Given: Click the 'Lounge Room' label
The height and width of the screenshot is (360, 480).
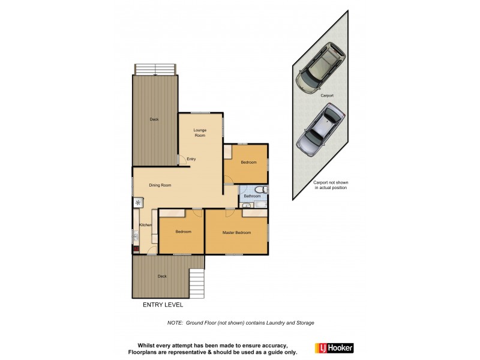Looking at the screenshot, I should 199,133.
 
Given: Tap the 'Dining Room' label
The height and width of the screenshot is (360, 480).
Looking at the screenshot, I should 160,185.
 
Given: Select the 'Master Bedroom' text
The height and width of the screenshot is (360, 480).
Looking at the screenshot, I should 236,232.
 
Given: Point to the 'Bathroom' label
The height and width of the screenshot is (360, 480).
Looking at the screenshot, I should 252,196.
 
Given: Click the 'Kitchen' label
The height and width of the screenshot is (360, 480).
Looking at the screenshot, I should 146,225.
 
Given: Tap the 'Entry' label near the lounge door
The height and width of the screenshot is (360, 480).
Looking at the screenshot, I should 191,159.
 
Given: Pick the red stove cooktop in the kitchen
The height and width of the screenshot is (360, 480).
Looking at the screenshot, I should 136,248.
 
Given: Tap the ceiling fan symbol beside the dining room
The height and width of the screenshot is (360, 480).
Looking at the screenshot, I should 137,203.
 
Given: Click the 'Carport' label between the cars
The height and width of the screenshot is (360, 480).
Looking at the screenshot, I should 326,95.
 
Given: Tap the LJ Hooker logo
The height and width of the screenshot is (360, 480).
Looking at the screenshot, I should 334,347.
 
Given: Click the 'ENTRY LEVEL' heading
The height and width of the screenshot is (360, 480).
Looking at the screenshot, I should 163,305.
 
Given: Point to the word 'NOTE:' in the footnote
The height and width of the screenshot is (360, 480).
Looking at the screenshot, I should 175,323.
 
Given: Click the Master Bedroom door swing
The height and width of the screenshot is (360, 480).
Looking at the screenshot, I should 229,212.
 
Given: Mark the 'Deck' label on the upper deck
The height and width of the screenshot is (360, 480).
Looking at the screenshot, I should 154,119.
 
